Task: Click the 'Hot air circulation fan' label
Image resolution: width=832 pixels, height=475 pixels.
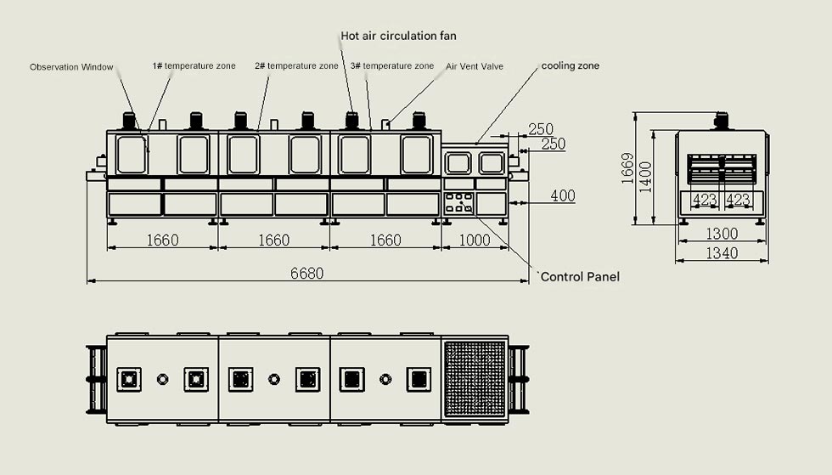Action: click(398, 36)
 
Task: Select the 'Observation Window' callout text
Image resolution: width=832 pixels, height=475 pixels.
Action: click(71, 67)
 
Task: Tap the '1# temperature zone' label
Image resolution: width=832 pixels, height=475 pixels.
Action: click(194, 65)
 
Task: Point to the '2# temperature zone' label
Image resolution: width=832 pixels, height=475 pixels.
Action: click(296, 65)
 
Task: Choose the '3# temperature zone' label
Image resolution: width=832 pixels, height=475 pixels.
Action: click(391, 65)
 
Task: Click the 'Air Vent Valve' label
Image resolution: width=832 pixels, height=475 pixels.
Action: click(475, 66)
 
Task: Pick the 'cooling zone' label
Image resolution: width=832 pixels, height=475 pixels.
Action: click(571, 65)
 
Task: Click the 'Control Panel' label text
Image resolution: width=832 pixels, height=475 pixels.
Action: click(580, 277)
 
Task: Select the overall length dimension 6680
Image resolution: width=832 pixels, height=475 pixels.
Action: click(306, 274)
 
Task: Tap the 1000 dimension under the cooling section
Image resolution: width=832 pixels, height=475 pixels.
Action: click(475, 240)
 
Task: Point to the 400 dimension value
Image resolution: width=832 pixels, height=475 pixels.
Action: click(562, 196)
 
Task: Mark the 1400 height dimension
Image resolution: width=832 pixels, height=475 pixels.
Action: click(646, 177)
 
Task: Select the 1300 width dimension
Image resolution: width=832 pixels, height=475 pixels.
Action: click(722, 234)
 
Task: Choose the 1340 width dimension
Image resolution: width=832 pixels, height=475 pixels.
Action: click(722, 253)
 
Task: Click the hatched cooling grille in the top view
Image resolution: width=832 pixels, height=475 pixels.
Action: click(475, 378)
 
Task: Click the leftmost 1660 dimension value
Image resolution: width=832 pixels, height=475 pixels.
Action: click(162, 240)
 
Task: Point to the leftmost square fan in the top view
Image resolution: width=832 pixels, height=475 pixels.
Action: click(129, 379)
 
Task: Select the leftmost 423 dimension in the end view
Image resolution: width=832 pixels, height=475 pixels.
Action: click(705, 201)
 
